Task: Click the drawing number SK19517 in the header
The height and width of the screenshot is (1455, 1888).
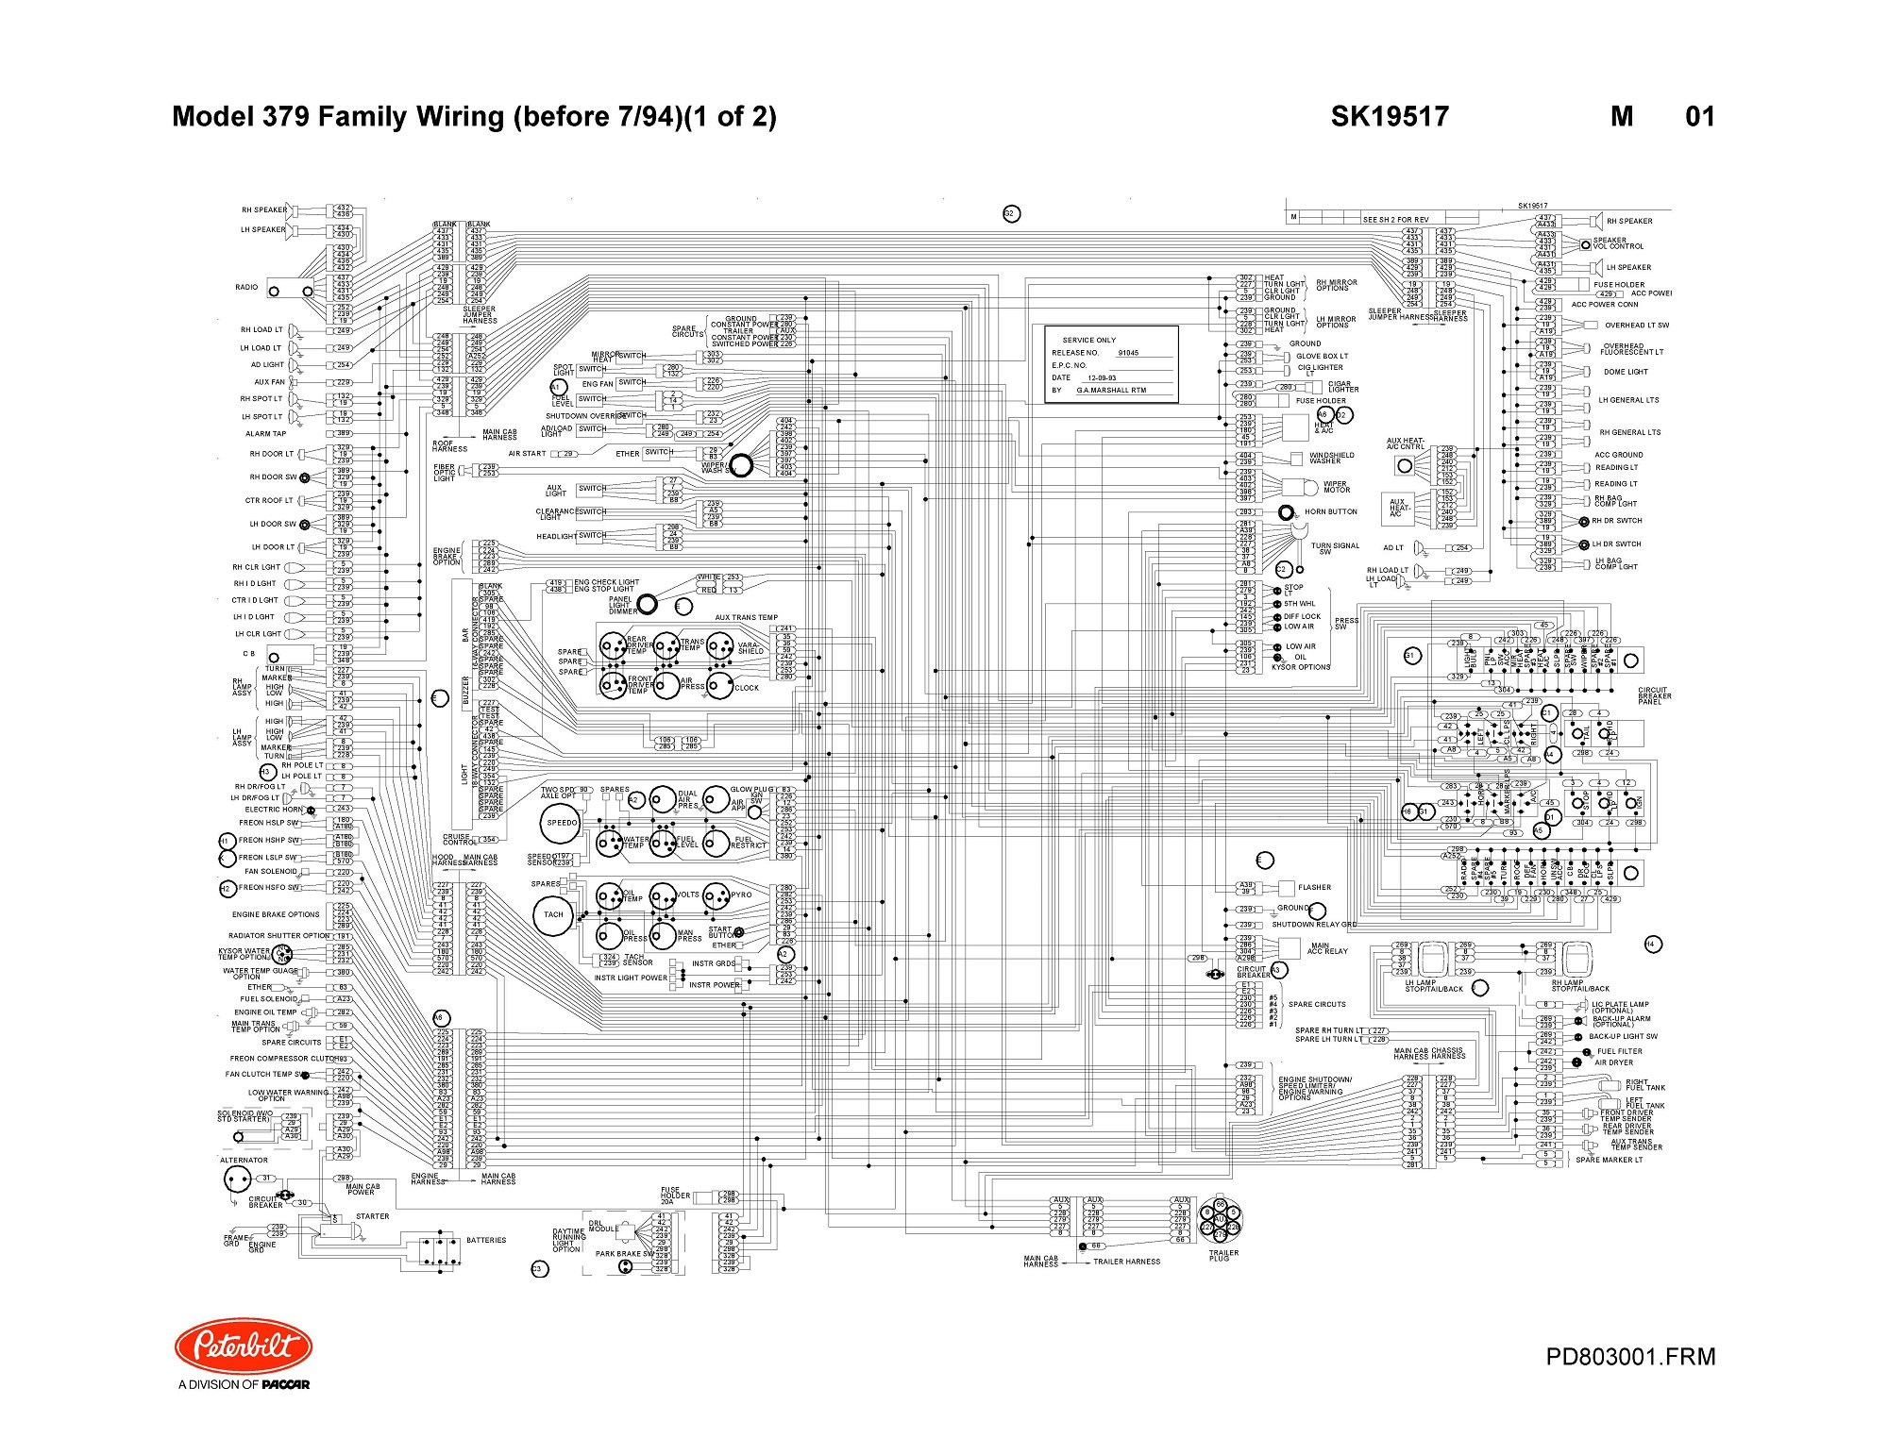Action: (1390, 116)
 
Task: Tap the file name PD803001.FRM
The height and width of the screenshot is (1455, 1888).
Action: (1630, 1357)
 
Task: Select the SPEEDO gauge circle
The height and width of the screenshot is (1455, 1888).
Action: (562, 823)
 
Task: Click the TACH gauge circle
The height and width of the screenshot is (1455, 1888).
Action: (553, 914)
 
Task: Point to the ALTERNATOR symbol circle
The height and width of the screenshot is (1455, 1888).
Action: (237, 1179)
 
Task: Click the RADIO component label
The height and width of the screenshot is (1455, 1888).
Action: (246, 288)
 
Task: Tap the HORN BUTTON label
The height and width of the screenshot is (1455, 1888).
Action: (1330, 512)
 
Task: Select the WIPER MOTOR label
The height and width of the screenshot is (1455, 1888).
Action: (1337, 487)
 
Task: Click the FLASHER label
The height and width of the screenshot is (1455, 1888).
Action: (1314, 888)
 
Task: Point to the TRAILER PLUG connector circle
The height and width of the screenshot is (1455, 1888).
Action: (1220, 1223)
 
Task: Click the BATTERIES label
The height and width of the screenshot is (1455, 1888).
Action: (486, 1241)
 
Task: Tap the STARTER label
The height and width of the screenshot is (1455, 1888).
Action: (373, 1216)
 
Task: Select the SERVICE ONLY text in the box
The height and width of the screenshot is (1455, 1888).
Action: (1088, 341)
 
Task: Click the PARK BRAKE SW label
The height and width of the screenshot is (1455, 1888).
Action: (624, 1254)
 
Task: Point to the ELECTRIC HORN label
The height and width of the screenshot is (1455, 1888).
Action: (274, 810)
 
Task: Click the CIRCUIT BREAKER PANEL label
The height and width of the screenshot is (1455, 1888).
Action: (1653, 695)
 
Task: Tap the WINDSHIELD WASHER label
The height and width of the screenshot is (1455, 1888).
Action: (1331, 458)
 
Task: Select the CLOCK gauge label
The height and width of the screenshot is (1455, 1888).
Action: (747, 688)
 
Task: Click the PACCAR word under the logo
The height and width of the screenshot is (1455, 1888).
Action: (285, 1385)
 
